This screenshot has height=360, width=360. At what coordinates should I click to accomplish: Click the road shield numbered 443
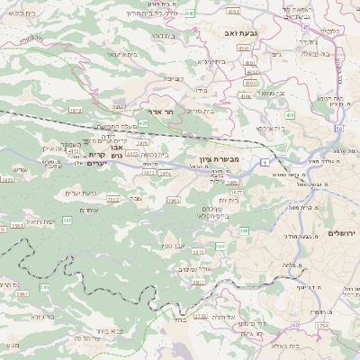click(191, 14)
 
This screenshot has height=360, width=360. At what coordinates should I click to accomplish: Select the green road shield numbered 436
click(290, 116)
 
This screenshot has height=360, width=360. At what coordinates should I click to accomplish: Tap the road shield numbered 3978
click(76, 110)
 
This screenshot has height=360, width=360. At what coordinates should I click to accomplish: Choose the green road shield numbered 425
click(144, 122)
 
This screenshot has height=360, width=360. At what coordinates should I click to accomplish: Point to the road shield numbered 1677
click(237, 192)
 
